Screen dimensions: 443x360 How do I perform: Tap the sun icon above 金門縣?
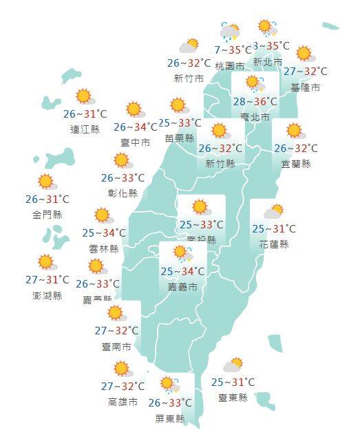point(46,182)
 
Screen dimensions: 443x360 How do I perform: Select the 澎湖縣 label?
point(47,296)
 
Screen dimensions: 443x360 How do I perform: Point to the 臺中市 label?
point(135,142)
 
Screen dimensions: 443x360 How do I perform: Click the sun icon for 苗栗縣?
point(179,106)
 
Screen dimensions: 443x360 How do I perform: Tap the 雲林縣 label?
point(104,248)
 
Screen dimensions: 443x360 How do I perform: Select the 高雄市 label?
point(123,402)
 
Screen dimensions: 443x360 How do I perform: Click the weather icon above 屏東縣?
point(168,384)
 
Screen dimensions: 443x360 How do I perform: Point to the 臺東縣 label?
point(233,398)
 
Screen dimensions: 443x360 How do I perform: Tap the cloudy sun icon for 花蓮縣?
point(274,212)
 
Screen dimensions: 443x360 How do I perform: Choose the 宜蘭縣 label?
point(296,164)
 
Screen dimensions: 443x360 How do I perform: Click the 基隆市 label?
point(306,87)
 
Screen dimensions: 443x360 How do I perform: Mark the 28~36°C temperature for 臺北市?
point(255,102)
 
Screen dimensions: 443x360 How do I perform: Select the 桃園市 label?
point(229,66)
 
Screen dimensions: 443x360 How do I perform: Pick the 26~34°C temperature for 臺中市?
point(136,127)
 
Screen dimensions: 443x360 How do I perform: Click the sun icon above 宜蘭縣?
point(295,131)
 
